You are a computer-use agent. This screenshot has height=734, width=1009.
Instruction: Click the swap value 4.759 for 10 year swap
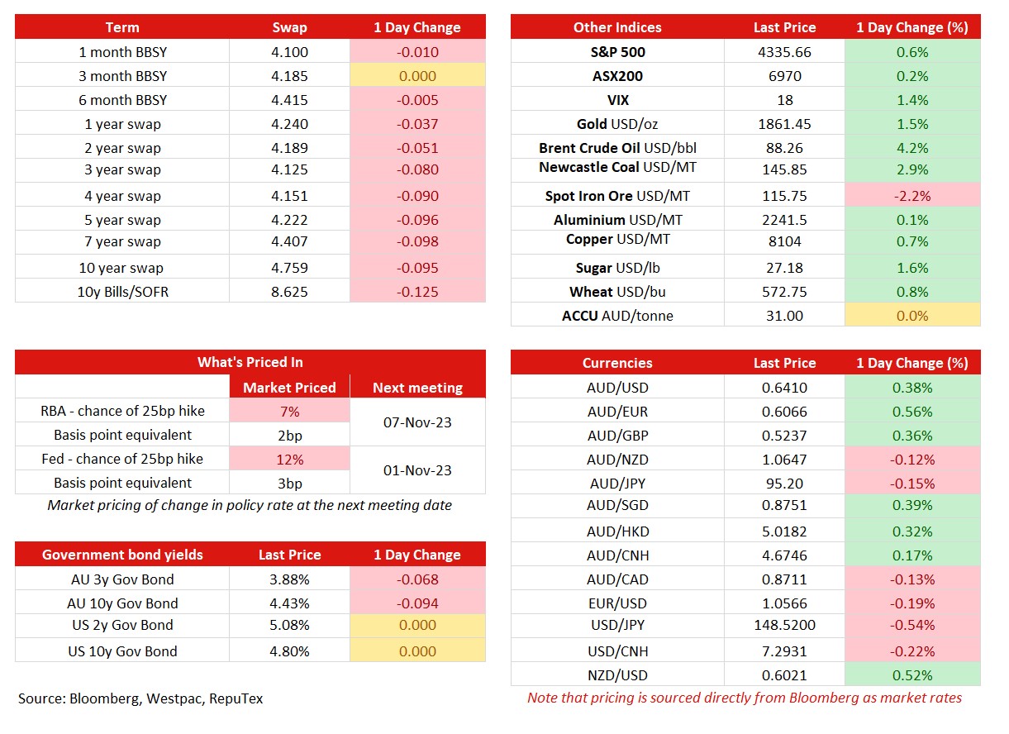(x=289, y=268)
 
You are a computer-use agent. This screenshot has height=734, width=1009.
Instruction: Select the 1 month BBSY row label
(x=122, y=52)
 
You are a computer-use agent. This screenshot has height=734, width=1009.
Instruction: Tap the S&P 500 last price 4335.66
(x=784, y=52)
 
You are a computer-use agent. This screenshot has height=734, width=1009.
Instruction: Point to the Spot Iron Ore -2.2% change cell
(x=912, y=196)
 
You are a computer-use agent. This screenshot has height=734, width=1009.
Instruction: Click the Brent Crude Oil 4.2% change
(x=912, y=148)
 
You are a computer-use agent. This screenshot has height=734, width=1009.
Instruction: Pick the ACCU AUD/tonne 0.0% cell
(x=912, y=316)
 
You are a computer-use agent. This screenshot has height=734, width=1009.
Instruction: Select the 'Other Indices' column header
(x=617, y=27)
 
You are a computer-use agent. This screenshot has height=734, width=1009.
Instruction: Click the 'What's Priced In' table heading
(x=250, y=362)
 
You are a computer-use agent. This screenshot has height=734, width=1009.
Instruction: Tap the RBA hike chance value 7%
(x=289, y=412)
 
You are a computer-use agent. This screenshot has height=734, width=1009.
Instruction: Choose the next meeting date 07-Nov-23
(x=417, y=422)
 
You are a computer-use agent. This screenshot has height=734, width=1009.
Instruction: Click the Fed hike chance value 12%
(x=289, y=459)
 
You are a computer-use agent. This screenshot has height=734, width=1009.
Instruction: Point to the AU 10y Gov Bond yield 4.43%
(x=289, y=603)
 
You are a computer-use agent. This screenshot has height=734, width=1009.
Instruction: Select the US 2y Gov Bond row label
(x=122, y=625)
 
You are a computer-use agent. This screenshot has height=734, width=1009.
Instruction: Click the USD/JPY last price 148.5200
(x=784, y=625)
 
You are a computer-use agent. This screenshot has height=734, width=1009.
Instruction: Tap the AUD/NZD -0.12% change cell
(x=912, y=459)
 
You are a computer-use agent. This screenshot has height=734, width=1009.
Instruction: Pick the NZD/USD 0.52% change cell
(x=912, y=675)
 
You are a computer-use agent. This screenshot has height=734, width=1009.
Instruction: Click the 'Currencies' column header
(x=617, y=363)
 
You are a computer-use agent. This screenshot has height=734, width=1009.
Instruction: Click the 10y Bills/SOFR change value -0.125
(x=417, y=292)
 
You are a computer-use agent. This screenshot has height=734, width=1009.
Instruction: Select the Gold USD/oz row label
(x=617, y=124)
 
